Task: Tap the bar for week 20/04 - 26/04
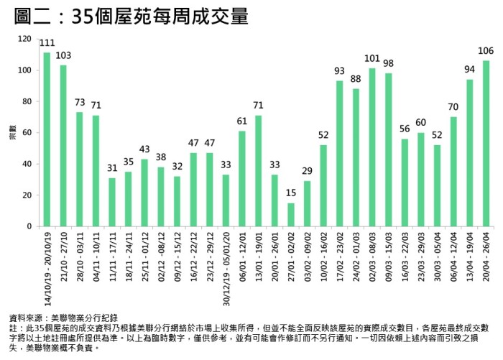coord(486,143)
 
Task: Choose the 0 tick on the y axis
coord(29,226)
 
